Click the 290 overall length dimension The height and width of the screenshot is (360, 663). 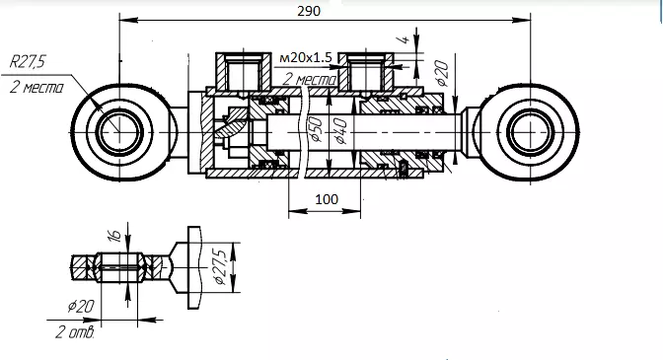[309, 11]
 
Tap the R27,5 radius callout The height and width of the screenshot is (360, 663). [27, 62]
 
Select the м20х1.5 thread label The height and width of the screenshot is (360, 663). [306, 57]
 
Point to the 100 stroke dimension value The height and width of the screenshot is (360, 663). [327, 199]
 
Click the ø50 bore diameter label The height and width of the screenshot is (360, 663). [316, 130]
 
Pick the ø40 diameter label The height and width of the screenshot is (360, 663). [340, 131]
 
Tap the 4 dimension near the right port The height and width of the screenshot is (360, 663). [405, 39]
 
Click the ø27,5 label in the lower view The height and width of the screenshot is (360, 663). [220, 266]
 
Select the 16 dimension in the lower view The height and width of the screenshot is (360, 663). [115, 235]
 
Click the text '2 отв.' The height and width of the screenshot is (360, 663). [74, 332]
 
